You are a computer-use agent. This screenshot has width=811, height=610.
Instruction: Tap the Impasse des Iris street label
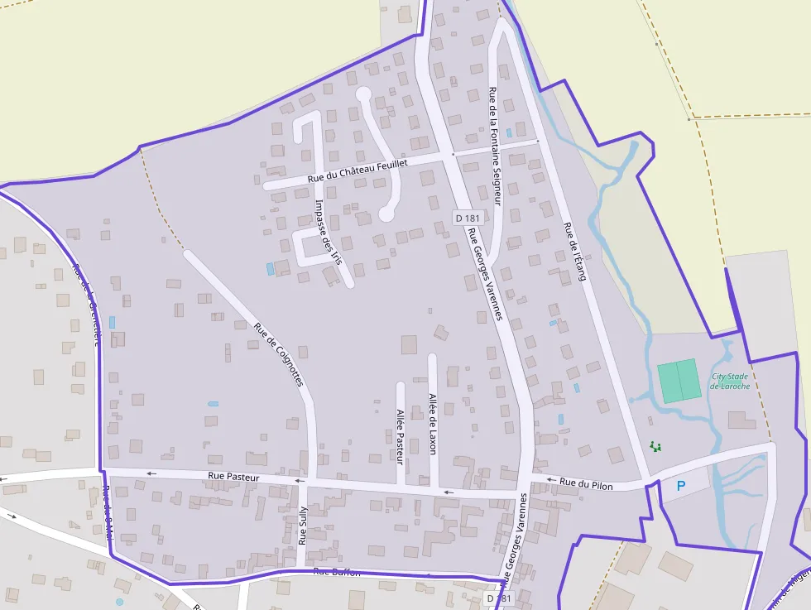click(x=329, y=232)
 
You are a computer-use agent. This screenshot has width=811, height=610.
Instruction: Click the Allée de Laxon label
click(x=432, y=423)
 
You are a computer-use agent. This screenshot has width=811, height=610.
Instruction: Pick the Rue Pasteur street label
click(x=234, y=477)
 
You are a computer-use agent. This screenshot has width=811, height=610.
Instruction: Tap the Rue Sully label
click(x=303, y=525)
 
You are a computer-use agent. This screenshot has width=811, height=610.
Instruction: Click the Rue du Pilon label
click(x=586, y=484)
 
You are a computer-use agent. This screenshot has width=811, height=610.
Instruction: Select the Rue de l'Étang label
click(x=574, y=251)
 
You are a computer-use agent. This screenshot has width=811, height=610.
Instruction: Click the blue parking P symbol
click(x=681, y=486)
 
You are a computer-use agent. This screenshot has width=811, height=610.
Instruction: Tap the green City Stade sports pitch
click(x=679, y=382)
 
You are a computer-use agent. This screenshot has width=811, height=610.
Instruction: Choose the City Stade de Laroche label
click(x=730, y=382)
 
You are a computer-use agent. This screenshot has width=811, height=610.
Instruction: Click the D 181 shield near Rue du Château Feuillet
click(x=468, y=218)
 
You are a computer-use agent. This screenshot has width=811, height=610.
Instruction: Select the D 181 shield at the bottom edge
click(x=499, y=598)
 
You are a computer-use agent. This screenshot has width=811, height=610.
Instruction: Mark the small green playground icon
click(x=655, y=447)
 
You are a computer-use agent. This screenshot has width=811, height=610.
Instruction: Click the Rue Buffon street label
click(x=333, y=572)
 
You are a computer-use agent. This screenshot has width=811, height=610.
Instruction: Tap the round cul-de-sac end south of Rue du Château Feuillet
click(x=386, y=214)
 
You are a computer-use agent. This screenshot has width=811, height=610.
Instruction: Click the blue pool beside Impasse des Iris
click(x=270, y=269)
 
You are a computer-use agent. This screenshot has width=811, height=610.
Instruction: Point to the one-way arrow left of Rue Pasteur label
click(x=151, y=473)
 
